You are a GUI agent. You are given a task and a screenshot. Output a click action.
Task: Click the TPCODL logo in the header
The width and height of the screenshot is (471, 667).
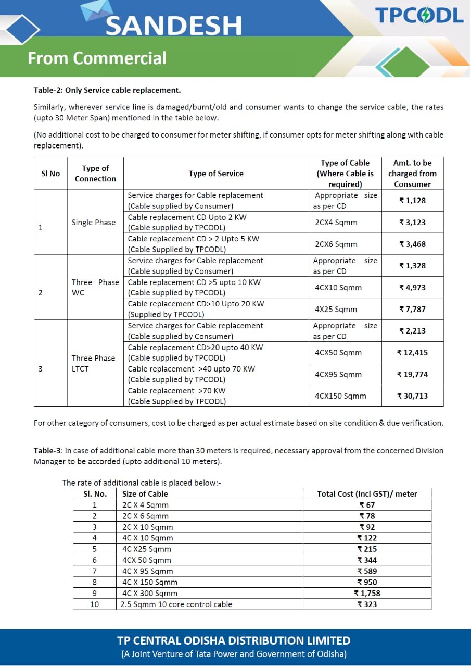419,15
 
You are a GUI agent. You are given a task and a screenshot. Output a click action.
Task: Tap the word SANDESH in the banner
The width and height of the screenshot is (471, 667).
174,26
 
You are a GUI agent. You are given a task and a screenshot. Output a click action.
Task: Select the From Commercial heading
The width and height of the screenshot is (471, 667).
97,58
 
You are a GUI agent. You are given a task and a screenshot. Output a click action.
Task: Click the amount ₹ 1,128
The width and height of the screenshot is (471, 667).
413,201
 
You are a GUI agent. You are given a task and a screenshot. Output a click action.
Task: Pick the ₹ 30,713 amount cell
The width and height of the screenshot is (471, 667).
413,396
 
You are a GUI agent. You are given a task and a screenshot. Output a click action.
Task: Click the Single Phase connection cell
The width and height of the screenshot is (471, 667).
94,223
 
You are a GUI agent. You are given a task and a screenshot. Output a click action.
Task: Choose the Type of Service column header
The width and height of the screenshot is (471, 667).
216,174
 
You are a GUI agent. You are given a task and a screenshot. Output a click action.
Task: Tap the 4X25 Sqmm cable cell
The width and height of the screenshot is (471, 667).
336,309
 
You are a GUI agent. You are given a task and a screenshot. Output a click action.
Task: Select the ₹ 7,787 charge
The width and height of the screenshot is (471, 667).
413,309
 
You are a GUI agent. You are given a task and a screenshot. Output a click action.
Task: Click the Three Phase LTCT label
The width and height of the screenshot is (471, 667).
94,363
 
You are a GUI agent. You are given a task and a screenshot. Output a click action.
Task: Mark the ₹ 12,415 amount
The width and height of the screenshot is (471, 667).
413,353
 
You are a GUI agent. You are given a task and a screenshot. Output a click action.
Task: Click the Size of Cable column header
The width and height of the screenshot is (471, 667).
145,494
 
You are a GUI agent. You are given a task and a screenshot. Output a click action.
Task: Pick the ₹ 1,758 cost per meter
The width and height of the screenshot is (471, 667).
367,594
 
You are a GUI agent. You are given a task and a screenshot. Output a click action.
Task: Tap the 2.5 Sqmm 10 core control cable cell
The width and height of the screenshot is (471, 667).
176,604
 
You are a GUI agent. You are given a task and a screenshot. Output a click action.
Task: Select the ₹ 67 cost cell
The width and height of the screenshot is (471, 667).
367,505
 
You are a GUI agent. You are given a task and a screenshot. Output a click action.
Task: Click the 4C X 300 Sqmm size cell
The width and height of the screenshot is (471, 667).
150,594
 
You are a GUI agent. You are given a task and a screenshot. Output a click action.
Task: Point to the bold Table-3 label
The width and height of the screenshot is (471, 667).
48,450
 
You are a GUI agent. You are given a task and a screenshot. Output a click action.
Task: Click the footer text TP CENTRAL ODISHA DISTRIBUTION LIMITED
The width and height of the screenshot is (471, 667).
234,640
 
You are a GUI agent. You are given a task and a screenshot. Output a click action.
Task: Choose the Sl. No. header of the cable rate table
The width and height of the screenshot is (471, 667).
95,494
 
